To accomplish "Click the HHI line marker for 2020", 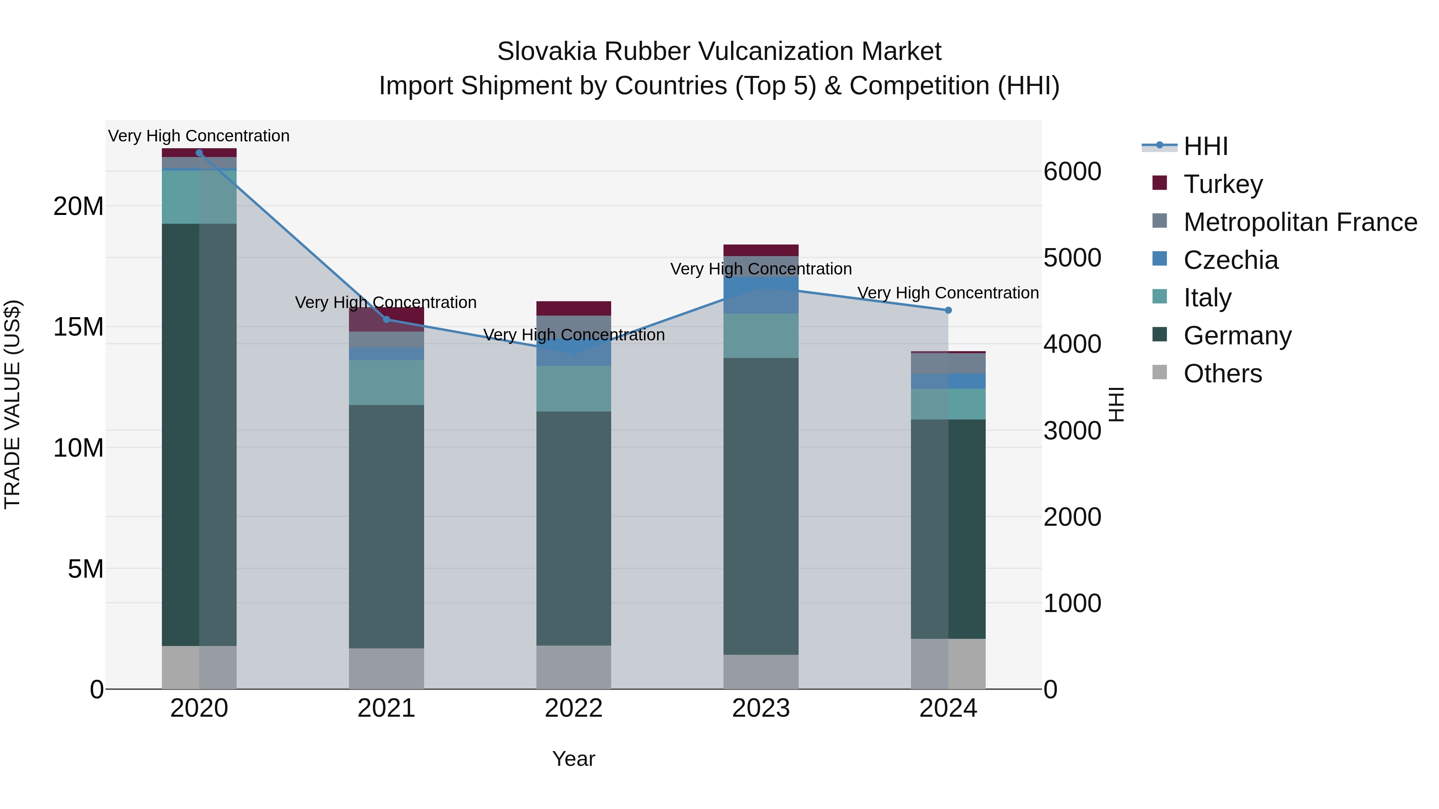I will tap(199, 153).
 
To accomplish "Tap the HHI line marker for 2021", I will tap(386, 319).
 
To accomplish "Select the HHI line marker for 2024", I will tap(948, 310).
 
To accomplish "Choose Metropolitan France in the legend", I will tap(1299, 222).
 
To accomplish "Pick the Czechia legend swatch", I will tap(1160, 259).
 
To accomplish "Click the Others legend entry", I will tap(1222, 373).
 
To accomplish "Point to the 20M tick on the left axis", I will tap(78, 206).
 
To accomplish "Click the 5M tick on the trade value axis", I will tap(86, 569).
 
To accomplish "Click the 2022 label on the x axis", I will tap(573, 708).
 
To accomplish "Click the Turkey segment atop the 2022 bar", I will tap(573, 308).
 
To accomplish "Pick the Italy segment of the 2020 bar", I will tap(199, 197).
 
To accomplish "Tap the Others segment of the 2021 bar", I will tap(386, 668).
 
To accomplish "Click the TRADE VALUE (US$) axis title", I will tap(13, 404).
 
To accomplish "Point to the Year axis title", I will tap(573, 759).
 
